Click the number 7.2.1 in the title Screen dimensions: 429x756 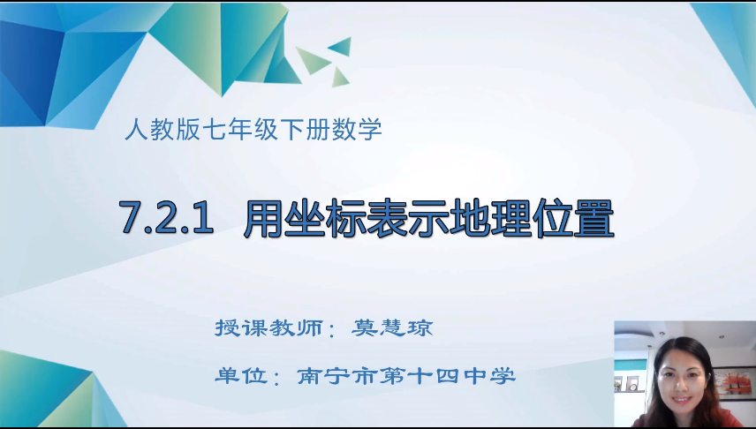coord(166,218)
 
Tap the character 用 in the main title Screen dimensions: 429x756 coord(263,218)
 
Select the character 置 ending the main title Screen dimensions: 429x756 coord(593,218)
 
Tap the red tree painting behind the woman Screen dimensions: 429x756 coord(735,383)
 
